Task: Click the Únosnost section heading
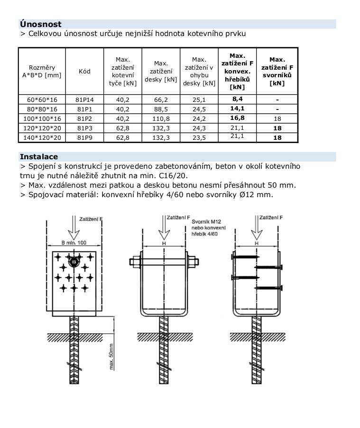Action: click(x=41, y=24)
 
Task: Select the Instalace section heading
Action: click(x=39, y=157)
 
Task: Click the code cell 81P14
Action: click(x=84, y=100)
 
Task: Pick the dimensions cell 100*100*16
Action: click(x=42, y=119)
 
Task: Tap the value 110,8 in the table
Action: click(x=161, y=119)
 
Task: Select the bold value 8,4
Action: click(x=237, y=99)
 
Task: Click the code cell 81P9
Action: click(x=85, y=137)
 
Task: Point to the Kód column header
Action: click(x=84, y=71)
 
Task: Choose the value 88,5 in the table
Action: click(x=161, y=109)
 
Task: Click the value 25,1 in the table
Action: click(x=199, y=100)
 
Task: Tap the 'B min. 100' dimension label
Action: click(x=74, y=243)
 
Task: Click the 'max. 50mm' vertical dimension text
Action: click(x=111, y=356)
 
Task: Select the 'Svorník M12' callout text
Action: click(x=206, y=222)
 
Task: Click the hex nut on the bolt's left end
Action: click(x=135, y=262)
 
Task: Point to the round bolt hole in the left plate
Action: click(x=74, y=262)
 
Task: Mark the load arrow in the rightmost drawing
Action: click(x=257, y=228)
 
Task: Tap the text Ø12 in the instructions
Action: click(x=248, y=195)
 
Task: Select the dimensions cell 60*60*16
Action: click(x=42, y=100)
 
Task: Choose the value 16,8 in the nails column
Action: click(x=237, y=118)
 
